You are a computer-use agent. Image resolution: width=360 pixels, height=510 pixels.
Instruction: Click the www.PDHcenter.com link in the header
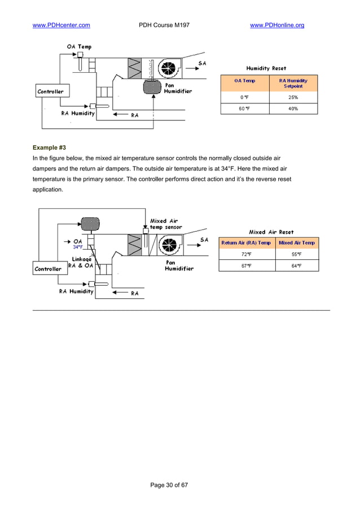pos(62,25)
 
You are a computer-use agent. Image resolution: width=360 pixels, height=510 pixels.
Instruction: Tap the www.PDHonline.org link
pos(276,25)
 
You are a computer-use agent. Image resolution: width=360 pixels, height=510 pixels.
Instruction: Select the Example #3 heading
pos(50,147)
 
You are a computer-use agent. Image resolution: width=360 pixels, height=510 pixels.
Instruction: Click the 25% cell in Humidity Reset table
pos(293,97)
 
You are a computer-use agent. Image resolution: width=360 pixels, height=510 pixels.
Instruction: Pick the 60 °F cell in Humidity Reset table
pos(245,108)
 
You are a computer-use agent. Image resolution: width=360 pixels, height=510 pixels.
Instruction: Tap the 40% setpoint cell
pos(293,108)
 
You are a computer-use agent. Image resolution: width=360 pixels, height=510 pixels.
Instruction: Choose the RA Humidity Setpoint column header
pos(293,84)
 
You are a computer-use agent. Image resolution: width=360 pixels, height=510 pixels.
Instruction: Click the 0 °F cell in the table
pos(245,97)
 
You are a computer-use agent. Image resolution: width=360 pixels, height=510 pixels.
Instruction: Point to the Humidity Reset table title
pos(266,68)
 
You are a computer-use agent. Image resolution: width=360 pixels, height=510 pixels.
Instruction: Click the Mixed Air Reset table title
pos(271,232)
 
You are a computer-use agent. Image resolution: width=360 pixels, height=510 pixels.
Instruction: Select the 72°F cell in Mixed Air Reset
pos(246,255)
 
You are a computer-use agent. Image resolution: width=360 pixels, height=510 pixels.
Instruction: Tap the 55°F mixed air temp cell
pos(296,255)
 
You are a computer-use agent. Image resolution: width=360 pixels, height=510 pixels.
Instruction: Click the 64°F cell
pos(296,266)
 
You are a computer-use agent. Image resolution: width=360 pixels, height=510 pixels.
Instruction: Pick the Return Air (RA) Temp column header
pos(246,243)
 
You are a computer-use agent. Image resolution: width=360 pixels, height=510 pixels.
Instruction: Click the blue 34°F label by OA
pos(78,247)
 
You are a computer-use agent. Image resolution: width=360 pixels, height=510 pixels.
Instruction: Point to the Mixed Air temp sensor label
pos(165,224)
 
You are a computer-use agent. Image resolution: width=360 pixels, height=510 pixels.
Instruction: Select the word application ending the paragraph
pos(48,190)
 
